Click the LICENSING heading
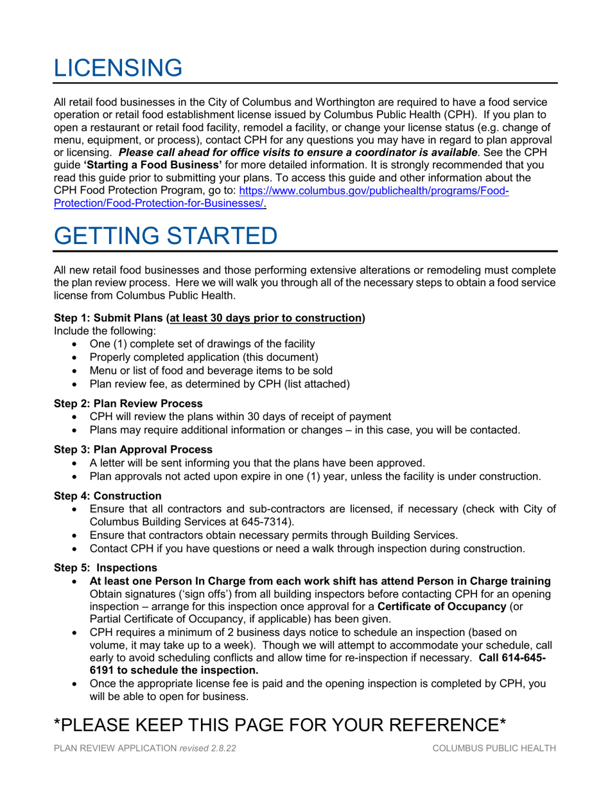(118, 67)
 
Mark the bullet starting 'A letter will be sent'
(257, 462)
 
